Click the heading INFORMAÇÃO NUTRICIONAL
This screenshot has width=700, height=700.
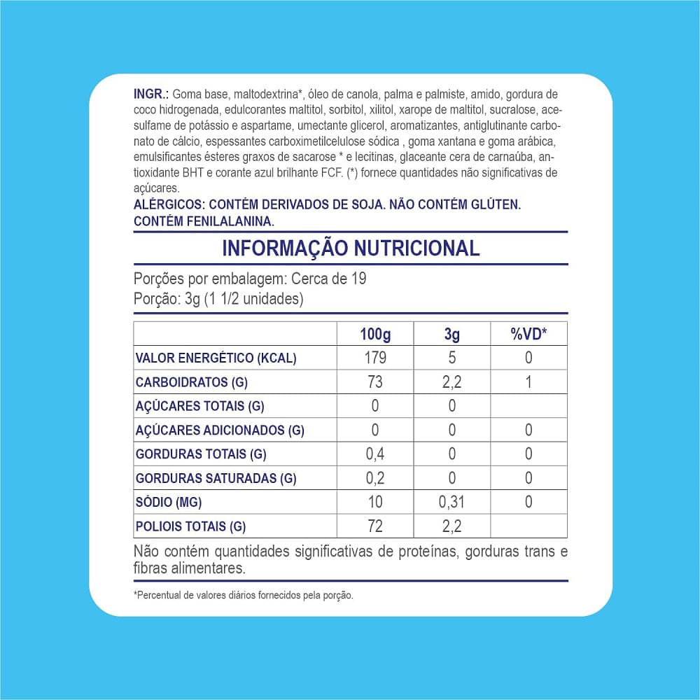tap(351, 248)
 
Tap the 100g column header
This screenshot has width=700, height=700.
tap(375, 334)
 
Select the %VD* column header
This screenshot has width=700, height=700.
tap(528, 334)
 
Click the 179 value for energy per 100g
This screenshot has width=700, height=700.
tap(375, 358)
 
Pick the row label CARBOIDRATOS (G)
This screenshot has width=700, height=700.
tap(191, 382)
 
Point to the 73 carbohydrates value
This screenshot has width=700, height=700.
tap(375, 382)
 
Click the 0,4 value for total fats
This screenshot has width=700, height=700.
tap(375, 454)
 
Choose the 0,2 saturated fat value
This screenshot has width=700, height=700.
tap(375, 478)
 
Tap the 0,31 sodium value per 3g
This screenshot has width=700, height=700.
tap(451, 502)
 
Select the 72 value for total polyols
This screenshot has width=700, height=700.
tap(375, 526)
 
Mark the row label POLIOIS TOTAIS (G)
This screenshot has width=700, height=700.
tap(190, 526)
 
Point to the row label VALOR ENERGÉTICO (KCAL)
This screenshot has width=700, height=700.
tap(216, 358)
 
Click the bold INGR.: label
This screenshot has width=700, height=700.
tap(150, 93)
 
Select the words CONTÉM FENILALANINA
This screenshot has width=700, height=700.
tap(204, 220)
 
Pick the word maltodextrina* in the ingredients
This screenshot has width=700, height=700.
tap(267, 93)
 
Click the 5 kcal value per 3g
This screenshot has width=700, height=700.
tap(451, 358)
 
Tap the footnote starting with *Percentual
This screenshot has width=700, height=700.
tap(243, 596)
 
